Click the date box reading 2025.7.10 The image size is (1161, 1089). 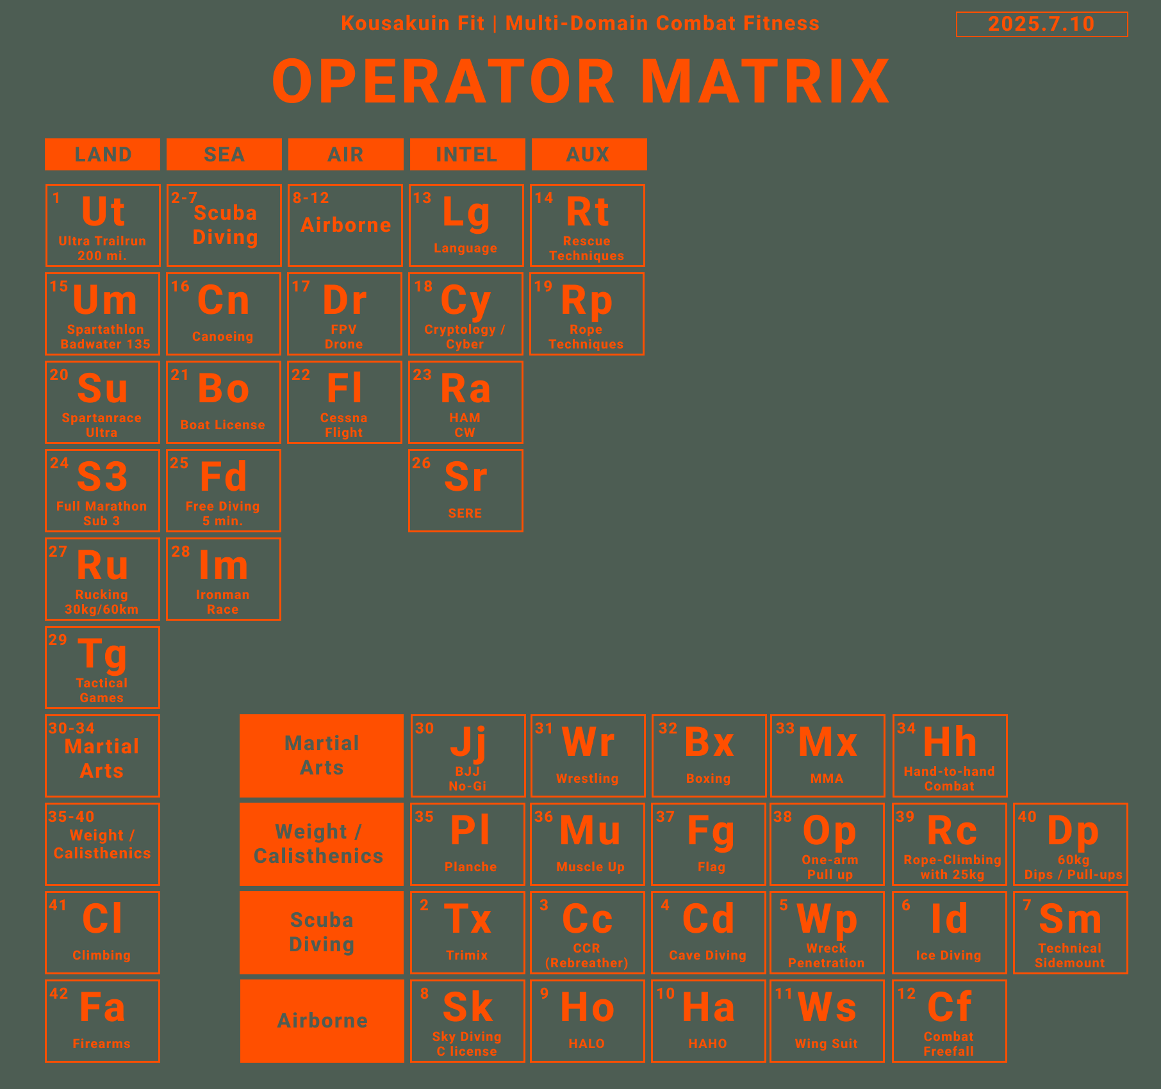(1042, 24)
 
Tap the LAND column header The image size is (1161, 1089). (103, 154)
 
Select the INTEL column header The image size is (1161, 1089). (467, 154)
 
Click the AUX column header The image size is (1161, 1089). (589, 154)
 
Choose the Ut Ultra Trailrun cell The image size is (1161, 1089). (103, 225)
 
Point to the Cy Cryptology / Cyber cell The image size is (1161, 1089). (466, 314)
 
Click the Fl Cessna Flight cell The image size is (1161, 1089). (345, 402)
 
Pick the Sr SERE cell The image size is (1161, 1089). (466, 491)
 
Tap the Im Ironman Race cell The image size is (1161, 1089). (224, 579)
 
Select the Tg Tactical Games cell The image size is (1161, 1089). (103, 667)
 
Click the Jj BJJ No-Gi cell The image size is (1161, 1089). (468, 756)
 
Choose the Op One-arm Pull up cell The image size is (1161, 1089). (827, 844)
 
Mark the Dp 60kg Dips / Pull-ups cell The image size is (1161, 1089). (1071, 844)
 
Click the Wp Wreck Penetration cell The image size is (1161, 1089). (827, 933)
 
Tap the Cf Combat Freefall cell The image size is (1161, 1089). (950, 1021)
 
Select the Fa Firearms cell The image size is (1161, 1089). (103, 1021)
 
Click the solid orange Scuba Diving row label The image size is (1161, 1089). (322, 933)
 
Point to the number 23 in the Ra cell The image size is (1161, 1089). (422, 375)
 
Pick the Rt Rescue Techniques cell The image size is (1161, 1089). (588, 225)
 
